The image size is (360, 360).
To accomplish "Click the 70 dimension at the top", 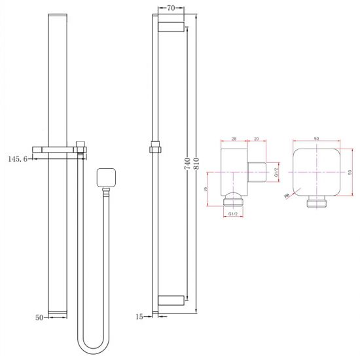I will (170, 9).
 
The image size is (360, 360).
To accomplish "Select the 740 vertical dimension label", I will (187, 164).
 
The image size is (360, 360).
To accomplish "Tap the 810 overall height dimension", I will (196, 164).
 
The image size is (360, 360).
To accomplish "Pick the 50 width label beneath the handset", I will (39, 317).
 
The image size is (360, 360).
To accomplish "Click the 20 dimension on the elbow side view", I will (256, 139).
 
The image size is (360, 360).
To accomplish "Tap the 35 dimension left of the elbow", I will (207, 190).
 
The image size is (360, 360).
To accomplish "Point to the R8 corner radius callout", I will (287, 195).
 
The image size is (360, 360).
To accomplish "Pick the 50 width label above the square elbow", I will (317, 139).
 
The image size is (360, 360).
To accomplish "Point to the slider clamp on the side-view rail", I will (155, 148).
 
